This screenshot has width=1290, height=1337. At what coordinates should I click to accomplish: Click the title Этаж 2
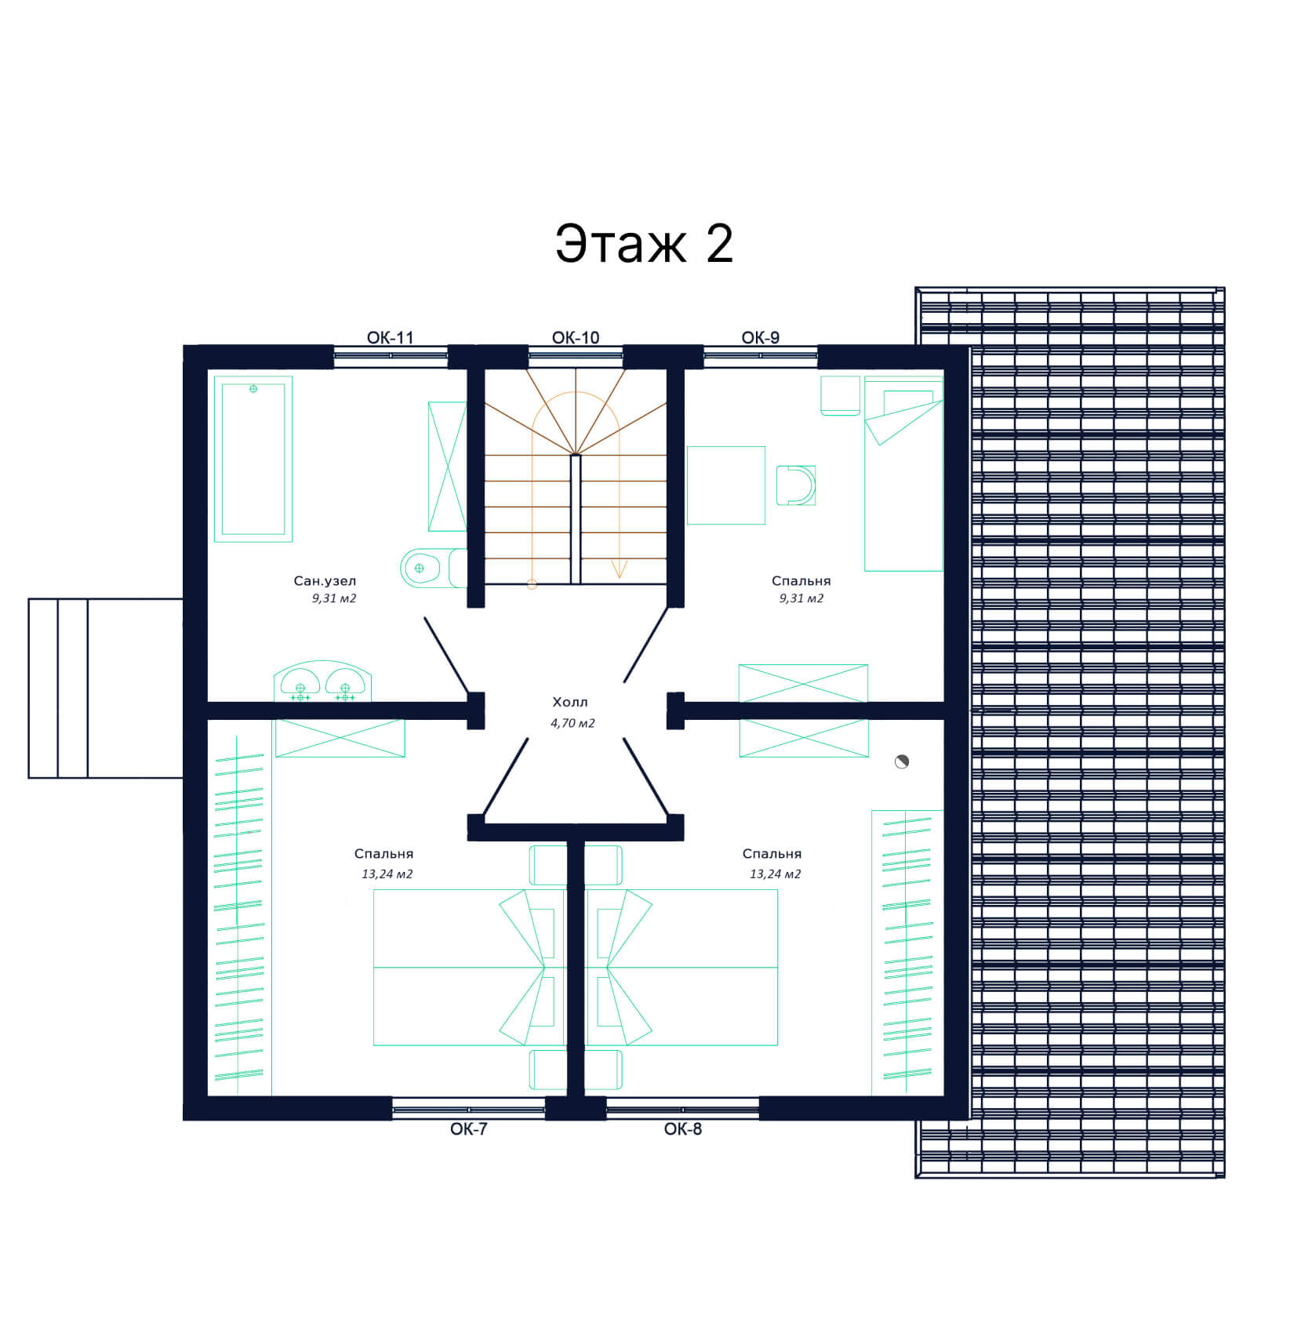click(x=644, y=243)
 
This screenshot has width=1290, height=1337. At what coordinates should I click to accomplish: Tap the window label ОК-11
click(x=390, y=337)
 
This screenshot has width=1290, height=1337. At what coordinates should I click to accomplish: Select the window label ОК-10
click(x=576, y=337)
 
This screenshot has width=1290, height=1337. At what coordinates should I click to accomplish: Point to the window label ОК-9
click(x=761, y=337)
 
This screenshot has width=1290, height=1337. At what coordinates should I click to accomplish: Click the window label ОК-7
click(x=469, y=1128)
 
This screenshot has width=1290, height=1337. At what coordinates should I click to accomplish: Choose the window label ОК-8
click(x=683, y=1128)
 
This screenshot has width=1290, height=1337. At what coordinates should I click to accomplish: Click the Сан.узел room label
click(x=325, y=581)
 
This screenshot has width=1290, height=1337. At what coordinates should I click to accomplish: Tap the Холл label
click(x=570, y=702)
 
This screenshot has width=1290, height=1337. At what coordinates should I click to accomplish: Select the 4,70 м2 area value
click(x=572, y=723)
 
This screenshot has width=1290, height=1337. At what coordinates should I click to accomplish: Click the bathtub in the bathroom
click(x=253, y=459)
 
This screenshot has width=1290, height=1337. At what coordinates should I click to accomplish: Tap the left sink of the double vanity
click(x=300, y=683)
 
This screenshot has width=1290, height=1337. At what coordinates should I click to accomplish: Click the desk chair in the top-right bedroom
click(x=796, y=485)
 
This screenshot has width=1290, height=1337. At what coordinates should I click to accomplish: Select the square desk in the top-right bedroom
click(x=726, y=485)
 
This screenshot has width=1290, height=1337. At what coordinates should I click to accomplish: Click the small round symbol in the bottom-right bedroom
click(x=902, y=761)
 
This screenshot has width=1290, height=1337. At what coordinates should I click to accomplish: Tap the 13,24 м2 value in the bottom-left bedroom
click(x=387, y=874)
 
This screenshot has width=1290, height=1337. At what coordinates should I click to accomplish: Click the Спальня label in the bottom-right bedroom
click(x=772, y=854)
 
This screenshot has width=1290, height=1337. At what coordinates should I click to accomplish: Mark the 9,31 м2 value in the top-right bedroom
click(x=801, y=598)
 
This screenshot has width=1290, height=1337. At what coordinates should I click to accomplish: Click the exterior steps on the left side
click(x=106, y=688)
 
